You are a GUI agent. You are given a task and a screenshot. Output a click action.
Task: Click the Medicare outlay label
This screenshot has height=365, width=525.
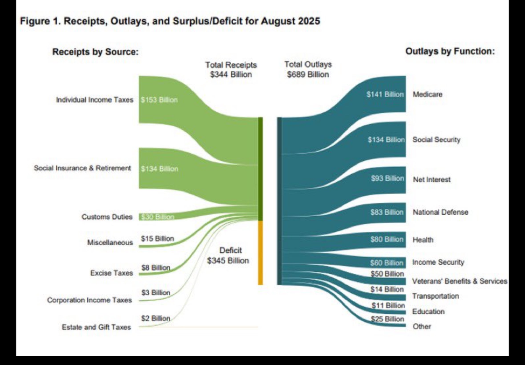point(427,95)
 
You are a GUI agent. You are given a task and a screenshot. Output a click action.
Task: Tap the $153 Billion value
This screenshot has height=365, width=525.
point(159,100)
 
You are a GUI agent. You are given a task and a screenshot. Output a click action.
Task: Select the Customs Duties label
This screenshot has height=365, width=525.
point(107,217)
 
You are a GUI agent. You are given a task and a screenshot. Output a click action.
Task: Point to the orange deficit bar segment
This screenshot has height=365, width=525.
point(261,253)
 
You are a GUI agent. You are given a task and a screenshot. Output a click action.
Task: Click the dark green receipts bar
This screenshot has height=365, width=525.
point(261,169)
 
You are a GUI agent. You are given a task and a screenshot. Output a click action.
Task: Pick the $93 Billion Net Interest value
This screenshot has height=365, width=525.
point(387,179)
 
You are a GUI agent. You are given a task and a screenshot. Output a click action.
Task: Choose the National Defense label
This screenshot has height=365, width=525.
point(440,212)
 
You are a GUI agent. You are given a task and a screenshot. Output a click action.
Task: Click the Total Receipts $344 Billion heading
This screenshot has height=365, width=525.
point(231,70)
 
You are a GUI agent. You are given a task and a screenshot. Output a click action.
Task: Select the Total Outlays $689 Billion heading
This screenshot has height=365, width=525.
point(308,69)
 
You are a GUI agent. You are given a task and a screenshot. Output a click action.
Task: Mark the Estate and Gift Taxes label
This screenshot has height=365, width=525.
point(96,327)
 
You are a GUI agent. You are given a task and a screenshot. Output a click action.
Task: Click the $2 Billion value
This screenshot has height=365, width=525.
point(156,318)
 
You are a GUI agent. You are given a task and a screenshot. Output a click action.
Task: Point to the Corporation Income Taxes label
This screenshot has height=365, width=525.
point(90,300)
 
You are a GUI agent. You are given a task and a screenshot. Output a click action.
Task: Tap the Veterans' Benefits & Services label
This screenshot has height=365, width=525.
point(459,281)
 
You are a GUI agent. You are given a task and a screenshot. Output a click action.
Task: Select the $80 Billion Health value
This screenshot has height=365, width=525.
point(387,239)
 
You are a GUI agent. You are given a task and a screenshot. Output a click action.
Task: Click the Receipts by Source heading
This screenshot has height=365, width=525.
point(95,52)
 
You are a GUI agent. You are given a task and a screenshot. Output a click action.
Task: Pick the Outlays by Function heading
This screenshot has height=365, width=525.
point(450,51)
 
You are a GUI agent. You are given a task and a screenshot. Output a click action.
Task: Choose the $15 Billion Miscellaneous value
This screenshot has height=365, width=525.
point(157,239)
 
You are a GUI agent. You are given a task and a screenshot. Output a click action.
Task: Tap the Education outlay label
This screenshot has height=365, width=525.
point(428,311)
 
